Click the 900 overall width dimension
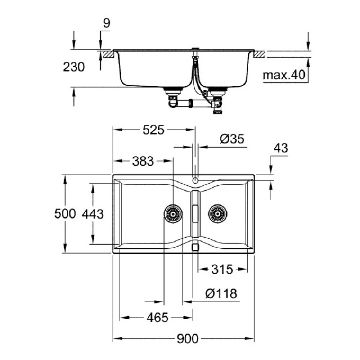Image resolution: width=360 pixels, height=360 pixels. coord(188,338)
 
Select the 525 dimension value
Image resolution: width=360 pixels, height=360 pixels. coord(153,130)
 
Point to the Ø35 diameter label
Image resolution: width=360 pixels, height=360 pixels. coord(231,139)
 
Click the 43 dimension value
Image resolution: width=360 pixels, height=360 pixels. coord(281,148)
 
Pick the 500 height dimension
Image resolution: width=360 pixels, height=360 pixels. coord(65,214)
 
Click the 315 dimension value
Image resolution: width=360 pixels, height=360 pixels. coord(222,269)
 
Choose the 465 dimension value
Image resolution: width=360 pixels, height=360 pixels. coord(157,318)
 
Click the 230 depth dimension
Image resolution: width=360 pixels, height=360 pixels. coord(73,67)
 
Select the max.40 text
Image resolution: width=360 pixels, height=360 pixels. coord(284,75)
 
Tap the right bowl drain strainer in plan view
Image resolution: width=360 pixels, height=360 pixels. coord(217,214)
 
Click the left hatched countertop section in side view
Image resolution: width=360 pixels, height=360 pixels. coord(108,54)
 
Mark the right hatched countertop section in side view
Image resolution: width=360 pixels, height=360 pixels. coord(260,54)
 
